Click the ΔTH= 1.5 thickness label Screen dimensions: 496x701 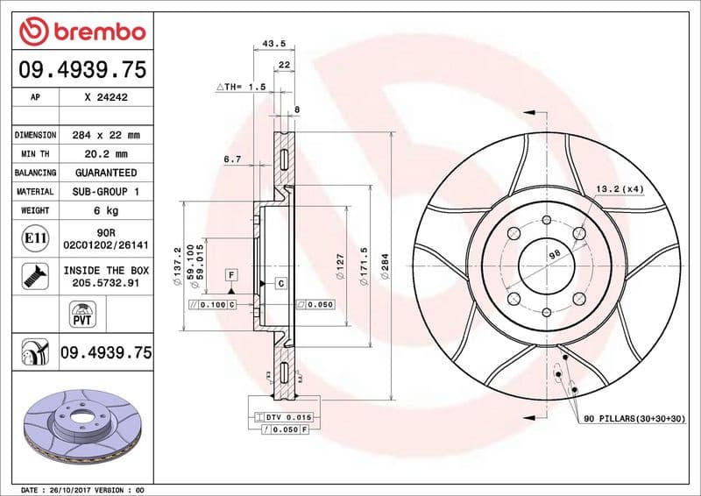240,88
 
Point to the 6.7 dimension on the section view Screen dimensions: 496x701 232,159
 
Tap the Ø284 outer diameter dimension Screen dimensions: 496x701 384,266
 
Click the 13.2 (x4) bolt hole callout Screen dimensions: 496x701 619,188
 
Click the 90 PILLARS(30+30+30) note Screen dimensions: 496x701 634,420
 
